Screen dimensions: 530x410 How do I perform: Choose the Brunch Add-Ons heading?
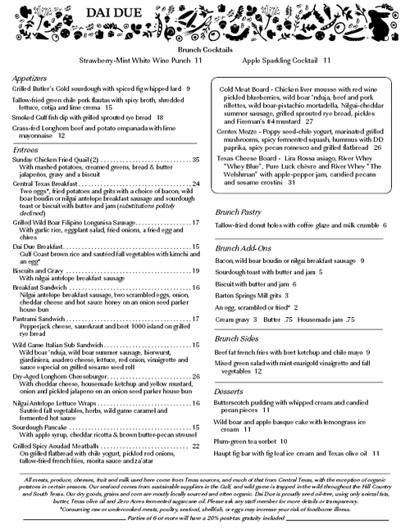click(x=242, y=247)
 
